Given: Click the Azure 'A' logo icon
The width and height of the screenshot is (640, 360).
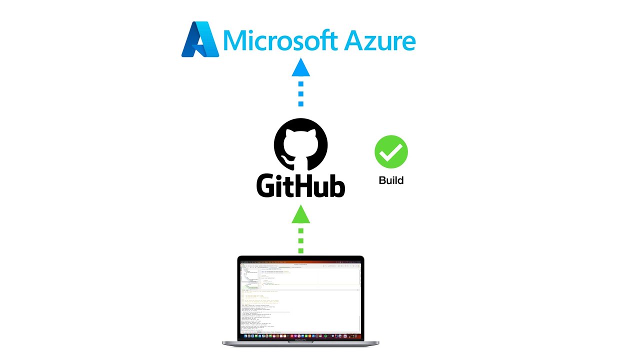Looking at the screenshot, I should [x=200, y=39].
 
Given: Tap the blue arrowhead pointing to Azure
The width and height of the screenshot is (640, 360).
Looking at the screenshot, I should [x=300, y=67].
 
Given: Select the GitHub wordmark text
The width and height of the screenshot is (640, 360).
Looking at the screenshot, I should [x=300, y=185].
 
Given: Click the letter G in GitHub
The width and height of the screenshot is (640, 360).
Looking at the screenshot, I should [x=266, y=185].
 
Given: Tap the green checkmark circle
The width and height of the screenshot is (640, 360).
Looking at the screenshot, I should [x=391, y=152].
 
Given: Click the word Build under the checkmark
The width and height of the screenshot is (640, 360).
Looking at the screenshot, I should [x=391, y=180].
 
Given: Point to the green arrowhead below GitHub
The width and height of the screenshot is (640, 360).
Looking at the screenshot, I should [x=300, y=214].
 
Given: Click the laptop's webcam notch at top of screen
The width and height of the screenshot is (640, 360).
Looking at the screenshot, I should [x=300, y=258].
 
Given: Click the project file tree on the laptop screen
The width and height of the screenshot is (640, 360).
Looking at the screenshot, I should [x=250, y=277].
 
